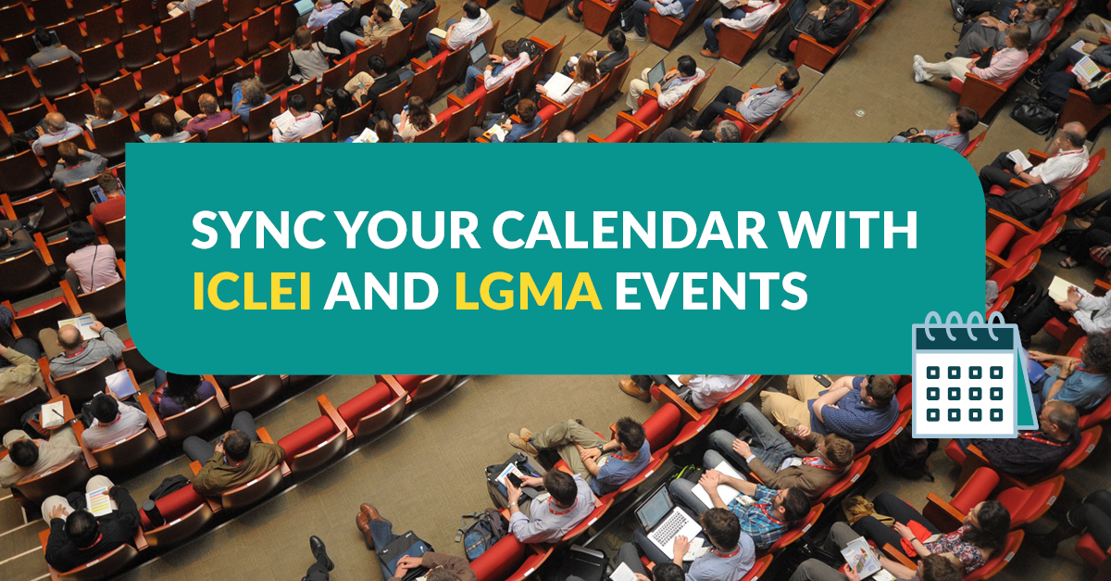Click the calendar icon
tap(974, 375)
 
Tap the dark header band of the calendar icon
tap(964, 339)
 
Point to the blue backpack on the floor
tap(482, 534)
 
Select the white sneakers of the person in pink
tap(919, 68)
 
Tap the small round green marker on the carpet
tap(860, 113)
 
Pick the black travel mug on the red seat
tap(151, 513)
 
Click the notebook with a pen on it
tap(52, 413)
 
